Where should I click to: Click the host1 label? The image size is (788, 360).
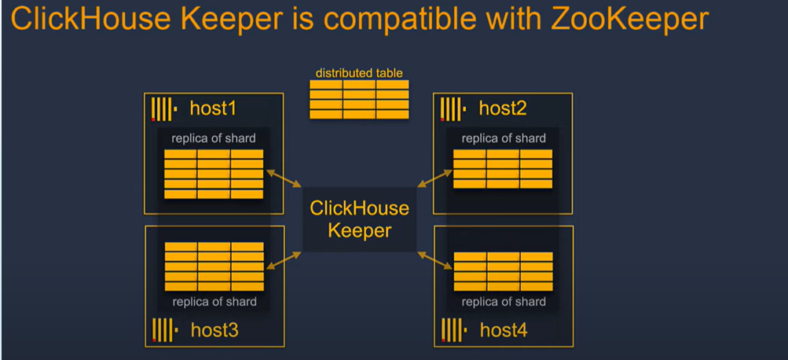pyautogui.click(x=213, y=108)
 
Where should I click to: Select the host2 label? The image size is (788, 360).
pyautogui.click(x=503, y=108)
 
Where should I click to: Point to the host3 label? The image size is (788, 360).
pyautogui.click(x=214, y=330)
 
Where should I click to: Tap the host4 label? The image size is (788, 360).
pyautogui.click(x=504, y=330)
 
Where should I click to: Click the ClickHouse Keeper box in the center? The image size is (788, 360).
pyautogui.click(x=359, y=219)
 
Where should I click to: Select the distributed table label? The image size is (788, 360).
pyautogui.click(x=359, y=73)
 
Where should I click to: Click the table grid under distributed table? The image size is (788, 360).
pyautogui.click(x=359, y=100)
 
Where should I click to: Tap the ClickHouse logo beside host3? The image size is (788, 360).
pyautogui.click(x=163, y=330)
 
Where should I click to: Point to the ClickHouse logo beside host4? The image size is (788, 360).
pyautogui.click(x=453, y=330)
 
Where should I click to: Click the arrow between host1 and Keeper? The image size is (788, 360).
pyautogui.click(x=284, y=178)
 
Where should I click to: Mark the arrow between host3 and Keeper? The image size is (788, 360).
pyautogui.click(x=284, y=261)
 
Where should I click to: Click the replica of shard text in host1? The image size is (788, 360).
pyautogui.click(x=214, y=138)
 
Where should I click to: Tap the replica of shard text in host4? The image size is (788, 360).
pyautogui.click(x=504, y=302)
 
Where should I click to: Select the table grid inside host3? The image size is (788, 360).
pyautogui.click(x=214, y=266)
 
